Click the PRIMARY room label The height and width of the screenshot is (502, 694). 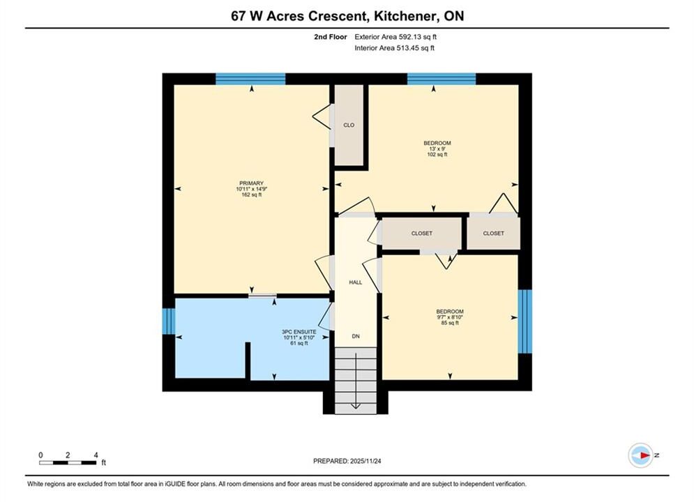click(251, 183)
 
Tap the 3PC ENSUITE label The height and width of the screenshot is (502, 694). click(299, 332)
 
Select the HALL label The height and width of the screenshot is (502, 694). click(356, 282)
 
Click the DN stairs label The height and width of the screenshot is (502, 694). click(356, 336)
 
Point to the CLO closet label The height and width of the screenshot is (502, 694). click(349, 125)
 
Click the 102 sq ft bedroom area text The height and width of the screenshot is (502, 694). click(437, 155)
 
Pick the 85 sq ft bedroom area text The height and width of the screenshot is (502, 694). click(450, 323)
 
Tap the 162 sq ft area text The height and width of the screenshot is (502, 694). click(251, 195)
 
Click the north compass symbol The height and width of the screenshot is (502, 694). click(641, 455)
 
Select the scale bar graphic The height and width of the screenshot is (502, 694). click(68, 463)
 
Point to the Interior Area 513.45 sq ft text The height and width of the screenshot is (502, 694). click(394, 48)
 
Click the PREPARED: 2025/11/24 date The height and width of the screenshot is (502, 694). click(347, 461)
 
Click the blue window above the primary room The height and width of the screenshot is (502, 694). click(250, 79)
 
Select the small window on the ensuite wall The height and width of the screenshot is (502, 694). click(169, 321)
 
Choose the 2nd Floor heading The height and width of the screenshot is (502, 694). click(331, 37)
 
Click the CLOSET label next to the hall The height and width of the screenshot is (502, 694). click(422, 233)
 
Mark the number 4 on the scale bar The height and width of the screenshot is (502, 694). click(96, 455)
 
